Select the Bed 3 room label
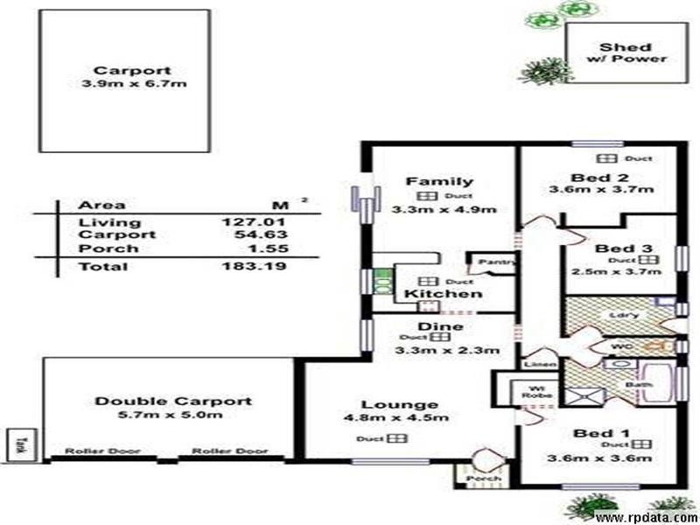[619, 248]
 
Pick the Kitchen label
[442, 294]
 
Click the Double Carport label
[172, 401]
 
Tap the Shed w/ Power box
[625, 53]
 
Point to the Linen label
[535, 363]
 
